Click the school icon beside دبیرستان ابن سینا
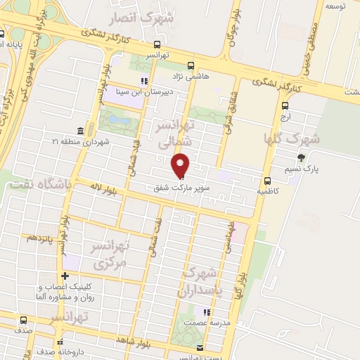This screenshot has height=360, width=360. pyautogui.click(x=145, y=80)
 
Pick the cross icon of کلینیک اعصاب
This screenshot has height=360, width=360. pyautogui.click(x=65, y=276)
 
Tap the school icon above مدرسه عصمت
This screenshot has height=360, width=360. pyautogui.click(x=206, y=313)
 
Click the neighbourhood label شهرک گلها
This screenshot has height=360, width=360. pyautogui.click(x=291, y=139)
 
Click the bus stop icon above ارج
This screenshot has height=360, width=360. pyautogui.click(x=285, y=105)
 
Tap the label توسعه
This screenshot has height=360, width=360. pyautogui.click(x=334, y=6)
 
